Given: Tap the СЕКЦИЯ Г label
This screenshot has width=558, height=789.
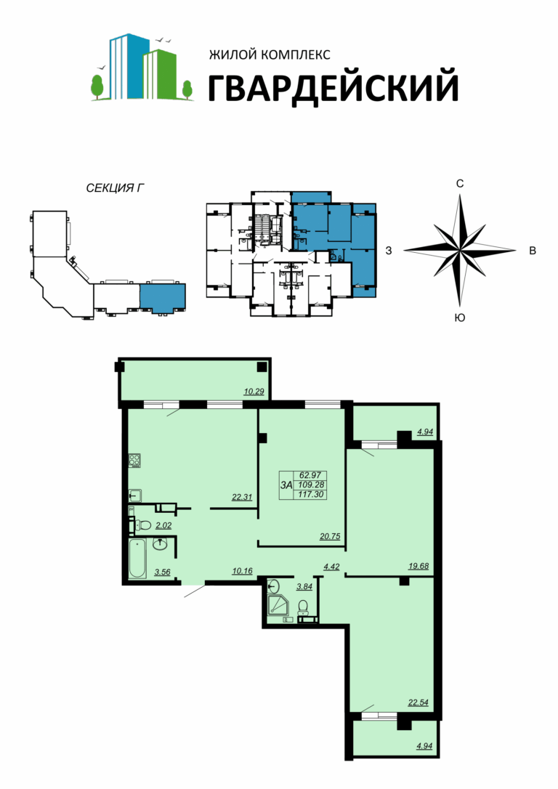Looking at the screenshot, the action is pyautogui.click(x=116, y=188).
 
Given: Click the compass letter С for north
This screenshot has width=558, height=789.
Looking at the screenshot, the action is pyautogui.click(x=460, y=184).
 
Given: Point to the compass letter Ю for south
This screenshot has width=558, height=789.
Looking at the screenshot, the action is pyautogui.click(x=460, y=317).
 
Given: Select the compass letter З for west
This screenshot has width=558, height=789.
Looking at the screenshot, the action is pyautogui.click(x=389, y=250).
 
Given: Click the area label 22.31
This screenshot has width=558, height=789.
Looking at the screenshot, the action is pyautogui.click(x=241, y=497).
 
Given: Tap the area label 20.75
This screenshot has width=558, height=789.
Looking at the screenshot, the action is pyautogui.click(x=330, y=536).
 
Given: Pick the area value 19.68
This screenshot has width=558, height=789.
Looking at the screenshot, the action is pyautogui.click(x=418, y=566).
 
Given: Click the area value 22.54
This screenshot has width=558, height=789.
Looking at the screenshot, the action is pyautogui.click(x=418, y=703).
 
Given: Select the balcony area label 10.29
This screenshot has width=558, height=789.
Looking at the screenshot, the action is pyautogui.click(x=254, y=391).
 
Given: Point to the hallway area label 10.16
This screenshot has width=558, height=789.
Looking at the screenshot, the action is pyautogui.click(x=242, y=570).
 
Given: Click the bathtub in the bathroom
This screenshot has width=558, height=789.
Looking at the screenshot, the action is pyautogui.click(x=137, y=559).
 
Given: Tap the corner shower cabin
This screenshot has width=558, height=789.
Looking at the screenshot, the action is pyautogui.click(x=278, y=604).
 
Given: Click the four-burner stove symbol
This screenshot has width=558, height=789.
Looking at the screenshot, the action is pyautogui.click(x=134, y=461).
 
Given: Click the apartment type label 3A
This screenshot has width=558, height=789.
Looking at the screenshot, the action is pyautogui.click(x=286, y=485).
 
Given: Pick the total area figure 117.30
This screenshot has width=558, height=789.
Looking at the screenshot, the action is pyautogui.click(x=312, y=495).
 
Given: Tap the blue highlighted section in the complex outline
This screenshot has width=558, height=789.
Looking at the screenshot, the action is pyautogui.click(x=162, y=297).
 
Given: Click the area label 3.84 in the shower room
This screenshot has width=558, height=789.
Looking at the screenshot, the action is pyautogui.click(x=305, y=586).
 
